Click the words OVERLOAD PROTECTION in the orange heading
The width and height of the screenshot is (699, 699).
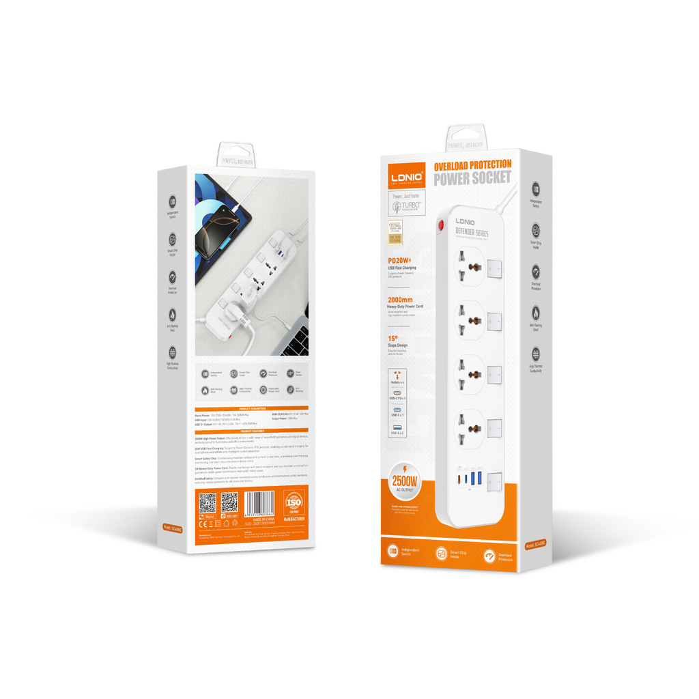tap(472, 165)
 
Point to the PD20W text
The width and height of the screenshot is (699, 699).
tap(398, 259)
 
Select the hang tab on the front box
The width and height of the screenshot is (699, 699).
tap(466, 139)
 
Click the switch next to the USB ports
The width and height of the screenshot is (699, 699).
tap(495, 479)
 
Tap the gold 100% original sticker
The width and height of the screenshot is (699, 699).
tap(395, 231)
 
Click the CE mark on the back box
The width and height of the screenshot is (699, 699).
tap(203, 524)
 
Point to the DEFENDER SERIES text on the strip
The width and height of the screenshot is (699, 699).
tap(472, 233)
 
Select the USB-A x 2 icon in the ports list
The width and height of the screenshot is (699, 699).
tap(397, 428)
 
